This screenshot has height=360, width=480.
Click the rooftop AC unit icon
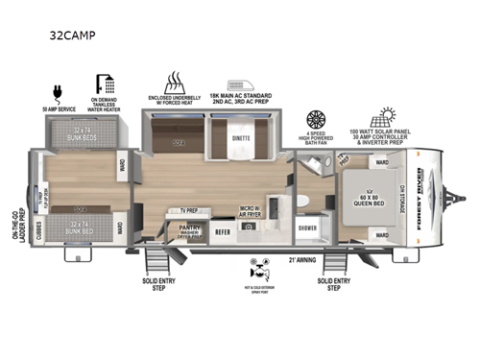pyautogui.click(x=239, y=85)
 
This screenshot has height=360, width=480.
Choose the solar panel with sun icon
pyautogui.click(x=389, y=118)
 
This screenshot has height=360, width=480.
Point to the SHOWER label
pyautogui.click(x=306, y=228)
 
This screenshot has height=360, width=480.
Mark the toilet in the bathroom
pyautogui.click(x=300, y=201)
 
